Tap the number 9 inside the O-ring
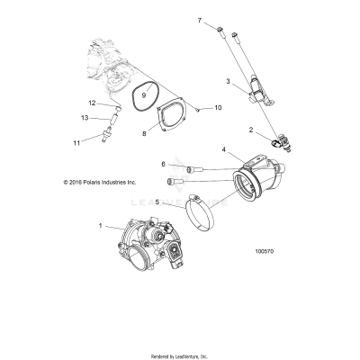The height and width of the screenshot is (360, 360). pos(144,94)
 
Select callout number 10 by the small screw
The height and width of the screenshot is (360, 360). pos(217,107)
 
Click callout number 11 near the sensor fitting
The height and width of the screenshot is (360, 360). pos(102,143)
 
